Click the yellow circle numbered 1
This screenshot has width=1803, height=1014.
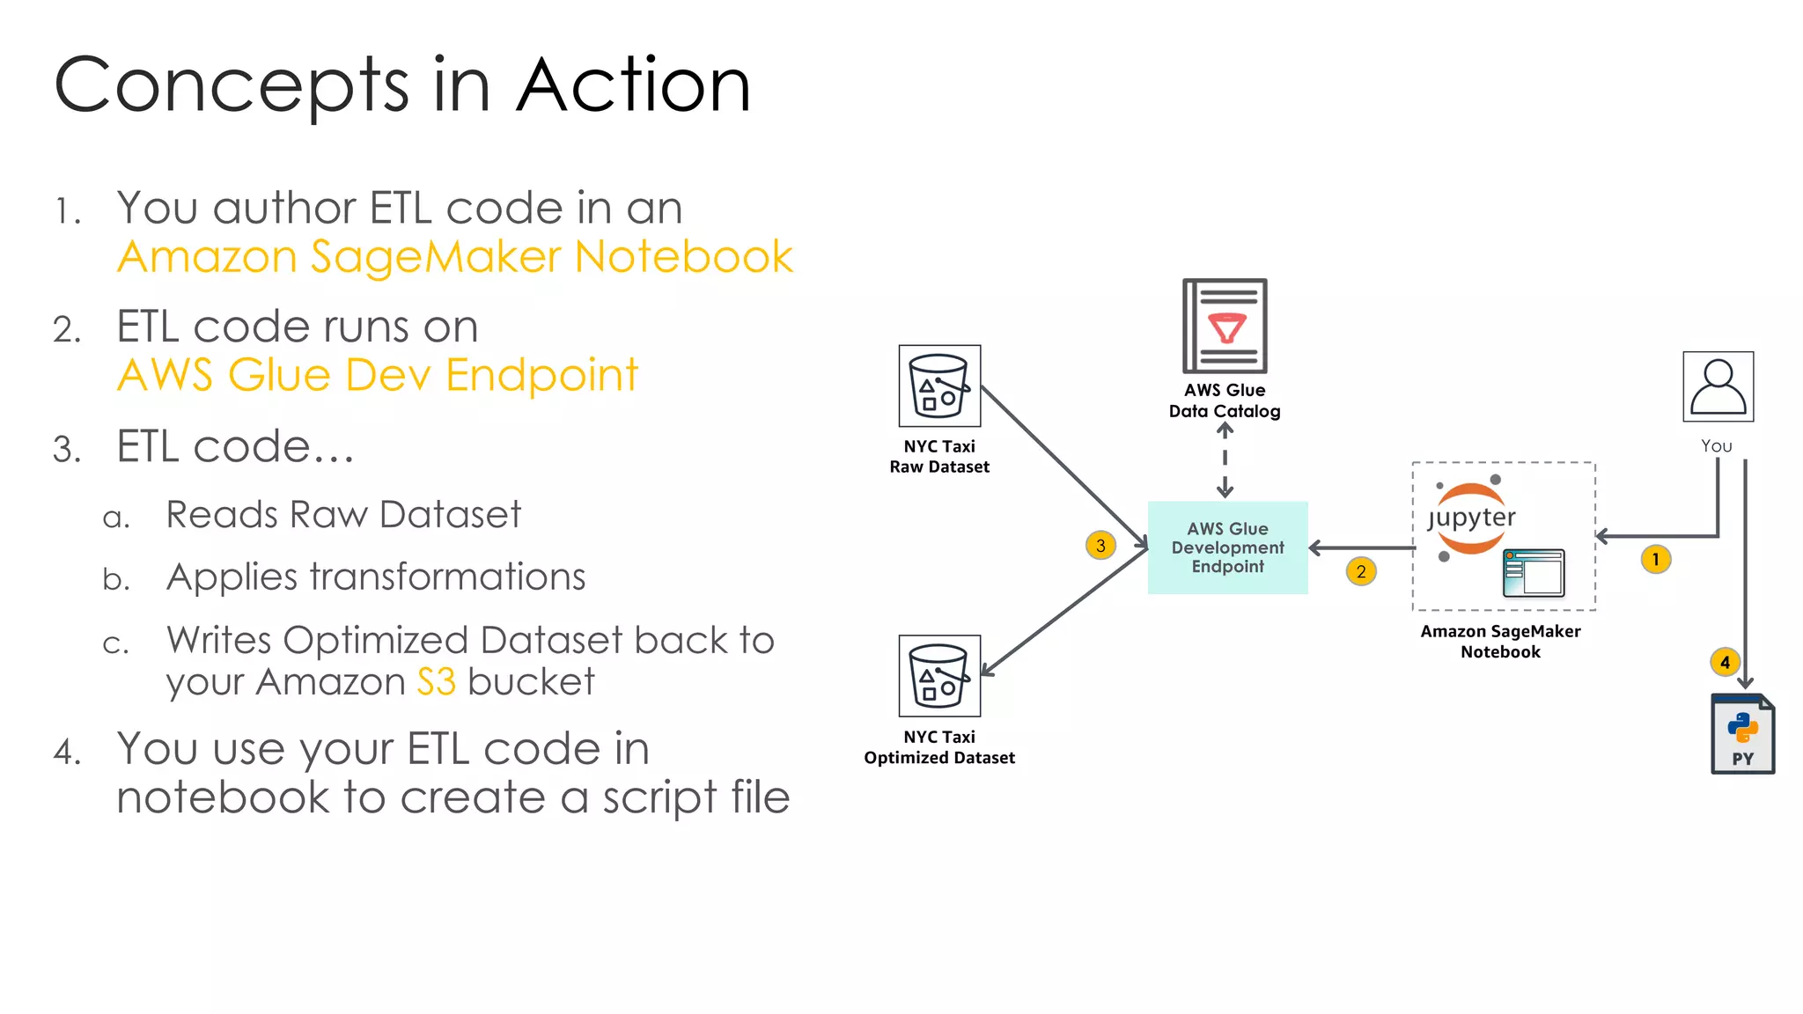pos(1655,560)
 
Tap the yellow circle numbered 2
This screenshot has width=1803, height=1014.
pos(1360,572)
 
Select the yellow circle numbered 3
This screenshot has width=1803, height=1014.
pos(1100,546)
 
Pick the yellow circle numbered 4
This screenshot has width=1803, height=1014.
pos(1725,662)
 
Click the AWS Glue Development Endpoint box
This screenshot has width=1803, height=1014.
pos(1227,547)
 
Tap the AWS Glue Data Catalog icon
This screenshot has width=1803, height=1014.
pos(1225,327)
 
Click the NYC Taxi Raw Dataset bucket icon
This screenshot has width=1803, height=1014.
pos(939,386)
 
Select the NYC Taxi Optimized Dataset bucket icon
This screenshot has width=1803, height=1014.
pos(939,676)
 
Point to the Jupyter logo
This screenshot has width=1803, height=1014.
pos(1470,518)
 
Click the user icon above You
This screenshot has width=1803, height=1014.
pos(1718,386)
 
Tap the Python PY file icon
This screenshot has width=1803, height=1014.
pos(1742,734)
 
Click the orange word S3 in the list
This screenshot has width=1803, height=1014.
pos(436,682)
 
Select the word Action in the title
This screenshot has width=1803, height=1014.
pos(633,85)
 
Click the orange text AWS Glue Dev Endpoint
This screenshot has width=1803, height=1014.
pos(378,375)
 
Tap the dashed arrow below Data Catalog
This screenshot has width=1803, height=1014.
pos(1225,460)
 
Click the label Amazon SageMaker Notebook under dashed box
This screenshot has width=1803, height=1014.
pos(1500,642)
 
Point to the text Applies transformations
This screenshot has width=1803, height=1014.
pos(376,577)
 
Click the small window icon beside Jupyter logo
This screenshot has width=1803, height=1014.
pos(1534,573)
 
